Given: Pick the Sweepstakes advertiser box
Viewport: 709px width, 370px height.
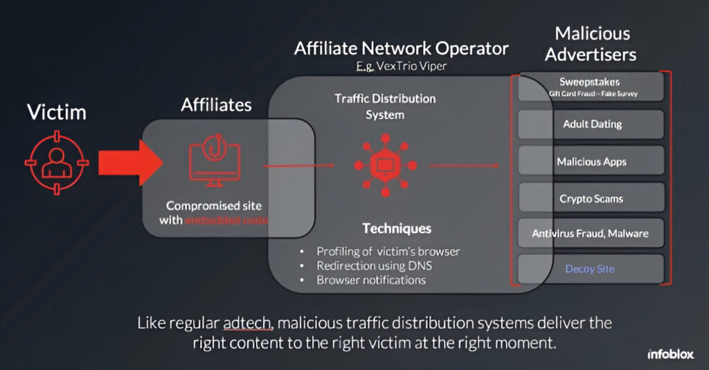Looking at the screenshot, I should [x=591, y=86].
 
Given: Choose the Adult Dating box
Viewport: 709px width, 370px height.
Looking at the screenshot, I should [x=591, y=124].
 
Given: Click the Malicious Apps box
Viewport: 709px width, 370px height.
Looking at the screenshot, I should [x=591, y=162].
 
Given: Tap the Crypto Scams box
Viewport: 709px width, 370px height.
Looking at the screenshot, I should [x=591, y=199].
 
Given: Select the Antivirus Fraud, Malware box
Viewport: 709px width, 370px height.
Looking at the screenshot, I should [x=591, y=234].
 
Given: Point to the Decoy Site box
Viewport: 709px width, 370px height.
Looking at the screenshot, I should [x=591, y=270].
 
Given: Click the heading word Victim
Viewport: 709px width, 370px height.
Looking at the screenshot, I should [x=57, y=112].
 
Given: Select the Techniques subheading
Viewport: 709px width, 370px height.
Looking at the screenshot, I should [x=396, y=228].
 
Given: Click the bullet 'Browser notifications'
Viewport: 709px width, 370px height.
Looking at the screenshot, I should [x=371, y=280].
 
